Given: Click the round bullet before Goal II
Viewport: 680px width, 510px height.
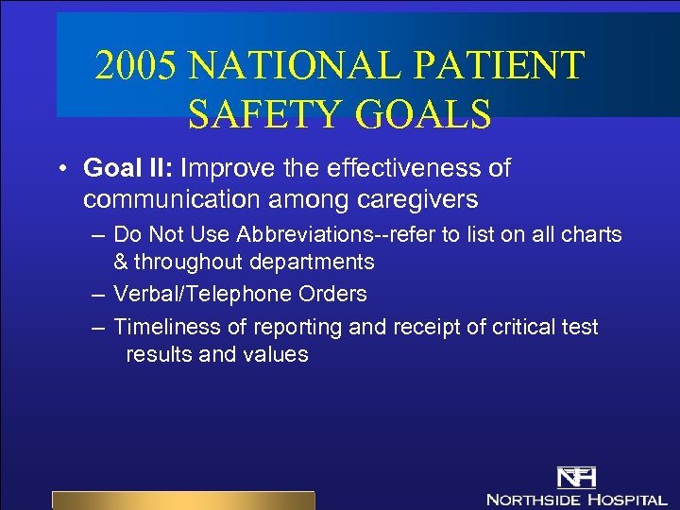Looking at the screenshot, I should (x=60, y=169).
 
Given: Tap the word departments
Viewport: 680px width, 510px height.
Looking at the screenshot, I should (x=312, y=262).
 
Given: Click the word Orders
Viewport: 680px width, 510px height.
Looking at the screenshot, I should (x=332, y=294).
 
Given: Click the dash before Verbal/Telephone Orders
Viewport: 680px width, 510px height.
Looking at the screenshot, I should (x=97, y=295).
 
